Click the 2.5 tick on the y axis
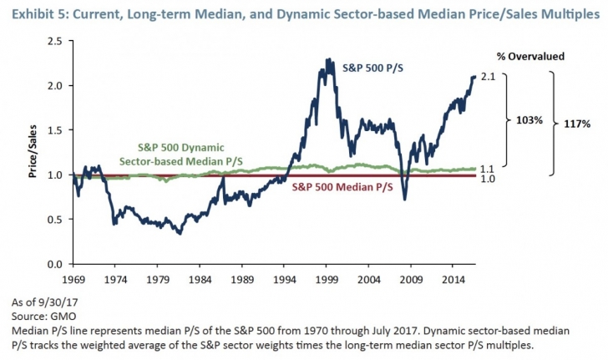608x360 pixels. (x=56, y=41)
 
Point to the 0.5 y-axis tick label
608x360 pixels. (x=56, y=220)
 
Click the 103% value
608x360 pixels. (x=526, y=119)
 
